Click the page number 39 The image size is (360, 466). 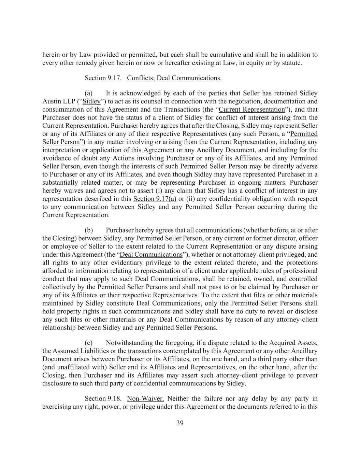click(x=180, y=423)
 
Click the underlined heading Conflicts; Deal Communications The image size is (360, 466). click(x=173, y=78)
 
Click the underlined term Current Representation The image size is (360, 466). click(x=251, y=110)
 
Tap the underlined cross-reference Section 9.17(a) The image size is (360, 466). click(x=155, y=199)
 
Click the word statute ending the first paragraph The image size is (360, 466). click(x=291, y=63)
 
